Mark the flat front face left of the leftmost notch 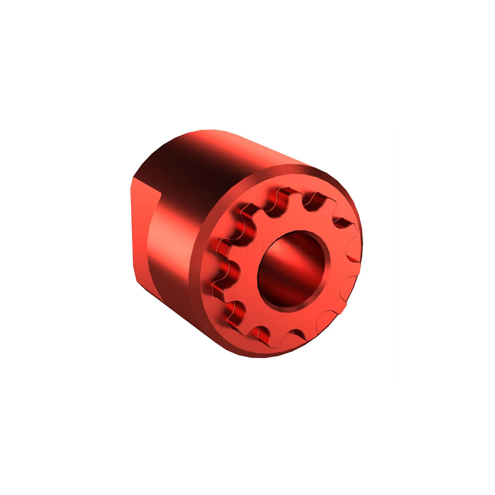208,269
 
